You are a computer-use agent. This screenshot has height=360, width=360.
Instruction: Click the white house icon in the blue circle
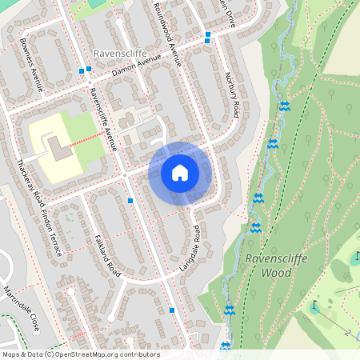(x=180, y=173)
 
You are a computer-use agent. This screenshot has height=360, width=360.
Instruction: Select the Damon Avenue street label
(x=137, y=69)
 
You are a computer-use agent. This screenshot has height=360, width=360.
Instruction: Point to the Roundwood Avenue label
(x=168, y=30)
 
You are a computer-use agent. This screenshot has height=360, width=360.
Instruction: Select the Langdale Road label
(x=189, y=247)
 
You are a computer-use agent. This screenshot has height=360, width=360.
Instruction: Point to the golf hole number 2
(x=348, y=331)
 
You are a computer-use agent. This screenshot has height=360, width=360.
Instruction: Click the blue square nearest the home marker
(x=130, y=201)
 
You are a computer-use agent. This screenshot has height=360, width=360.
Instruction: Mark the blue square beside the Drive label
(x=207, y=34)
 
